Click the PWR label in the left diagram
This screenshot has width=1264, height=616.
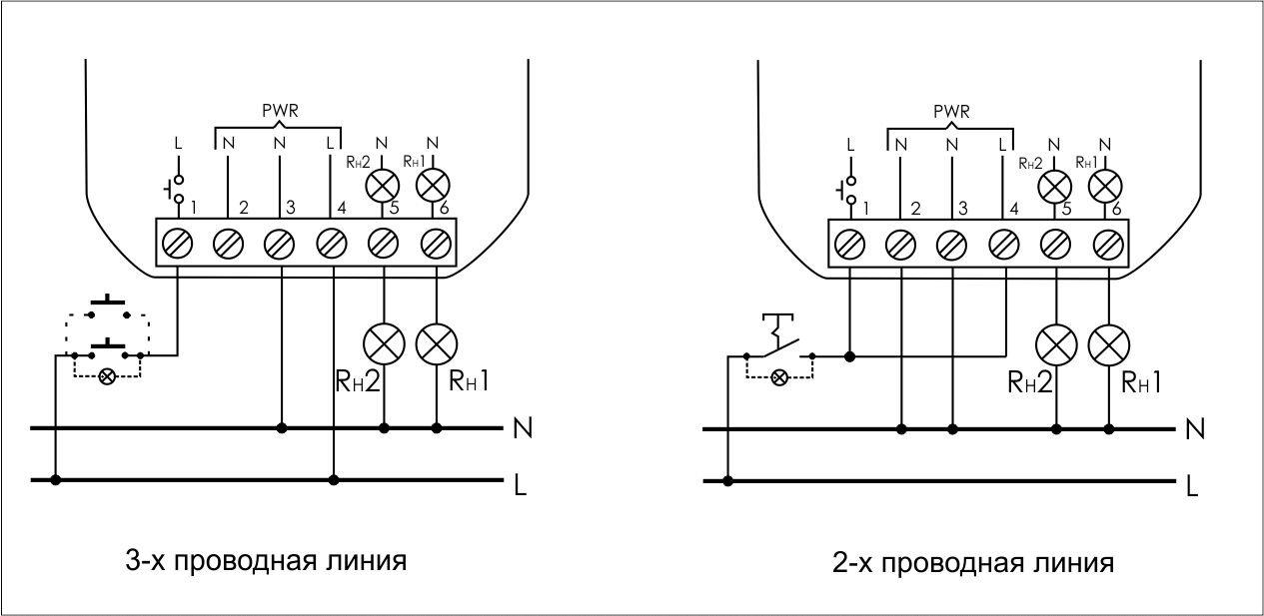(x=280, y=111)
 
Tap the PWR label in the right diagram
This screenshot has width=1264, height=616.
(x=951, y=112)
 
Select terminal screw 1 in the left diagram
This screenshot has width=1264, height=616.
(x=177, y=244)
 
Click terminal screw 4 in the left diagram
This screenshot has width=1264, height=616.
(x=332, y=244)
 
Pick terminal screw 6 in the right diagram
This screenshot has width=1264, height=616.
(x=1108, y=246)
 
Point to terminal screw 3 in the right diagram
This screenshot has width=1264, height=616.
(x=951, y=246)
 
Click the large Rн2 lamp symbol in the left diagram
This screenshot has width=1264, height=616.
(x=385, y=344)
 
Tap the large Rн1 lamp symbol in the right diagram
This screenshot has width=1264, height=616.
(x=1109, y=345)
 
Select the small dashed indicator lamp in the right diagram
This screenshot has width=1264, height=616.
(x=779, y=377)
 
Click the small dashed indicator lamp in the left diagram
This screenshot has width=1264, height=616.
(x=107, y=376)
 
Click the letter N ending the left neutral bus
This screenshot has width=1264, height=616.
(x=523, y=428)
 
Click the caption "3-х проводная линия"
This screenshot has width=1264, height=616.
(x=266, y=561)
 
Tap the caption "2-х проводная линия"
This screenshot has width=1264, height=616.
(x=973, y=562)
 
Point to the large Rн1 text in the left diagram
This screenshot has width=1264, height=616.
(x=469, y=381)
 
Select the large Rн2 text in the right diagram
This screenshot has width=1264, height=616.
(x=1030, y=382)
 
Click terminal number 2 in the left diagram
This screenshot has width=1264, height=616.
(x=244, y=208)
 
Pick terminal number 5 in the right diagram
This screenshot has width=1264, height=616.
(x=1066, y=209)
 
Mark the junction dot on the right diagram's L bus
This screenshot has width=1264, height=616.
(x=728, y=481)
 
